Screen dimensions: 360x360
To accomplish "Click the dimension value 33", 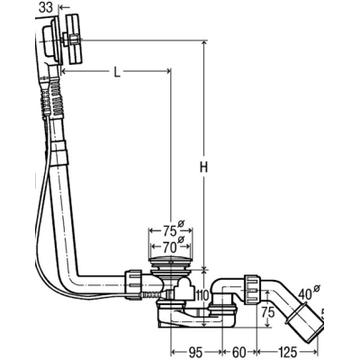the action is pyautogui.click(x=46, y=7).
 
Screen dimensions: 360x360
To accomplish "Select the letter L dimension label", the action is pyautogui.click(x=117, y=72).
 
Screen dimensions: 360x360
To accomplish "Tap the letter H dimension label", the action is pyautogui.click(x=204, y=167).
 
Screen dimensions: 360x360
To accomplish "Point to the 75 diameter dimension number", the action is pyautogui.click(x=169, y=231).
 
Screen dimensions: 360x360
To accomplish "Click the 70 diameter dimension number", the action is pyautogui.click(x=169, y=247).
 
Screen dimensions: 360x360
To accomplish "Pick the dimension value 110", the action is pyautogui.click(x=202, y=296).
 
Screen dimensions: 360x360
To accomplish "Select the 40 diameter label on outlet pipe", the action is pyautogui.click(x=305, y=295).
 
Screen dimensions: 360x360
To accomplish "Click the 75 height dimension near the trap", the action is pyautogui.click(x=267, y=312).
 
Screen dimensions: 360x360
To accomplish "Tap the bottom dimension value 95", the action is pyautogui.click(x=196, y=352).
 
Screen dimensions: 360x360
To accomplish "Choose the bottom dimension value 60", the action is pyautogui.click(x=239, y=352).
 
